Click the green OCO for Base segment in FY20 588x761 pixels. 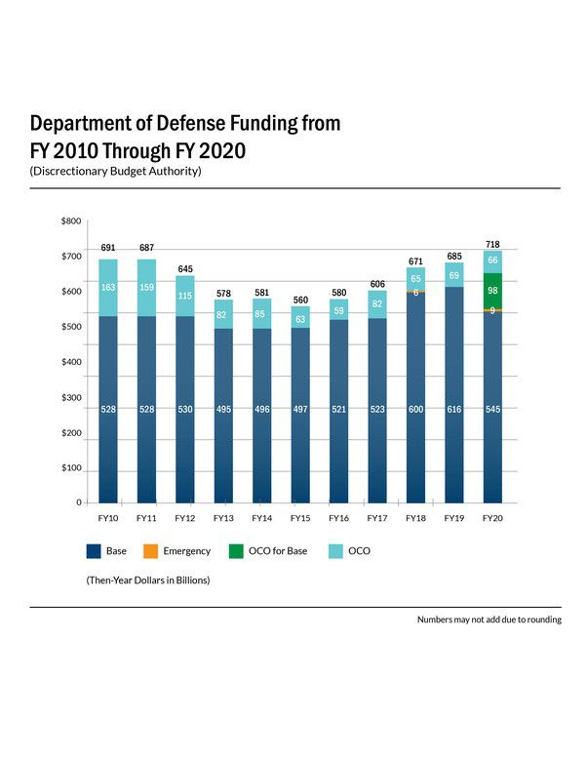(x=492, y=291)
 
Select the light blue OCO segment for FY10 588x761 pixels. (x=108, y=288)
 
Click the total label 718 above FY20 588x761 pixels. (x=492, y=244)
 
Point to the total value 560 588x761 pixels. (x=300, y=300)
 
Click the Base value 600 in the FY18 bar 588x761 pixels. (x=415, y=410)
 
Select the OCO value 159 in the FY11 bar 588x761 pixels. (x=146, y=287)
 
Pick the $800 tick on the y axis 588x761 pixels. (x=71, y=221)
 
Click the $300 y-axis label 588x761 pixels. (x=71, y=397)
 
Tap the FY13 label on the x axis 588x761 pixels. (x=223, y=518)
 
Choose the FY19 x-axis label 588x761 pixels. (x=453, y=518)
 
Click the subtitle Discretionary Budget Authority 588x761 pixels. (x=115, y=172)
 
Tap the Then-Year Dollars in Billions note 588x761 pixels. (x=147, y=580)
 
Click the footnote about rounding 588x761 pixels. (x=489, y=620)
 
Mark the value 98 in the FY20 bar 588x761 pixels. (x=492, y=291)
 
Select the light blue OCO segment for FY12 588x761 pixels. (x=185, y=296)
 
